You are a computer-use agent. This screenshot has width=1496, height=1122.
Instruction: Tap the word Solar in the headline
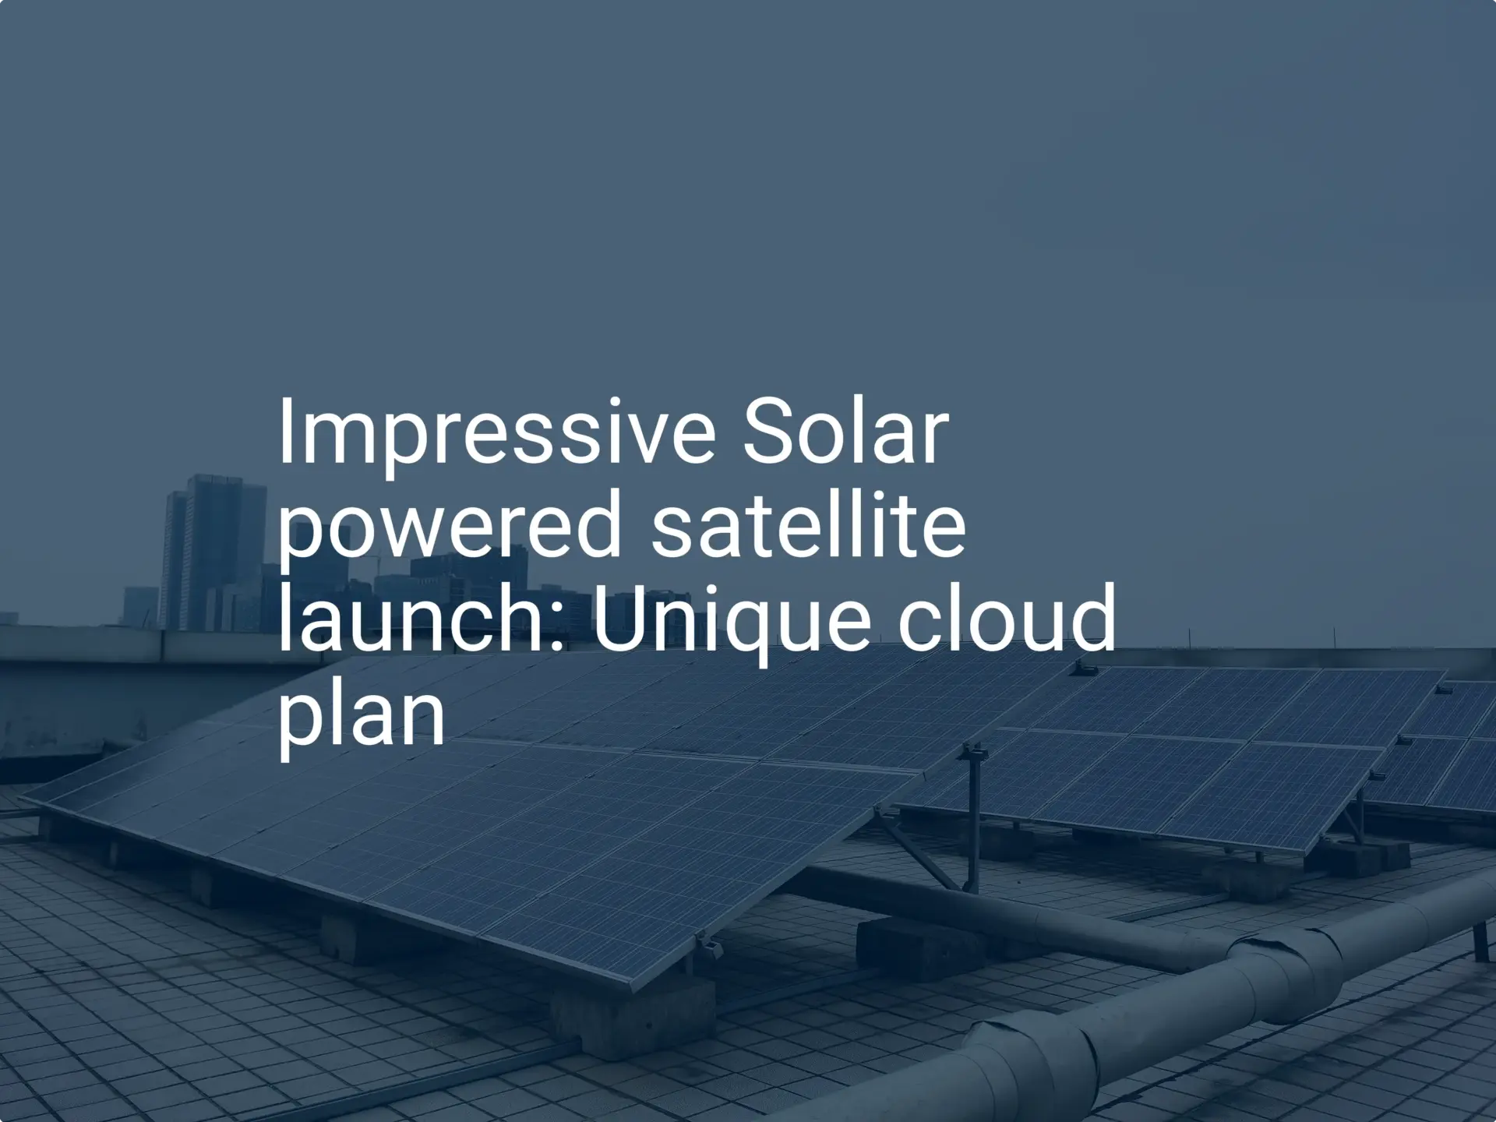click(845, 432)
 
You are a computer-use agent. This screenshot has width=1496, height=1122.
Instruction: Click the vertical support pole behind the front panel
click(972, 818)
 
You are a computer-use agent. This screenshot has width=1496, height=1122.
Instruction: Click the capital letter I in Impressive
click(285, 432)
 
